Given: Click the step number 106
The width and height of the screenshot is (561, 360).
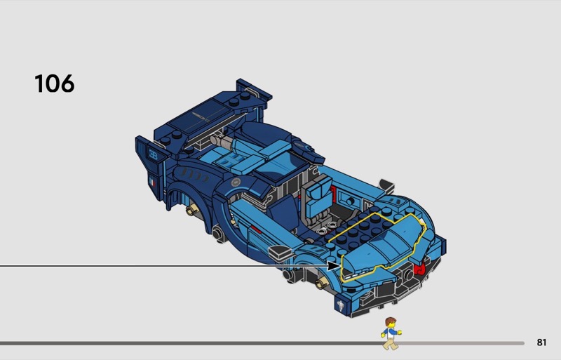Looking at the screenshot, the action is coord(55,84).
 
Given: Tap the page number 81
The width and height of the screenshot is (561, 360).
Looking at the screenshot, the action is coord(541,342).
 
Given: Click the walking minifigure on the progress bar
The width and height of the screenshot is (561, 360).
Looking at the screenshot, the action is coord(391,333).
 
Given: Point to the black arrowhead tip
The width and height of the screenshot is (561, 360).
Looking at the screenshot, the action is coord(341,266).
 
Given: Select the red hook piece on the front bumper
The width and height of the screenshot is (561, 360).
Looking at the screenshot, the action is coord(419,268).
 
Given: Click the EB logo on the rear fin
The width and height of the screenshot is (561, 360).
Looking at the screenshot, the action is coord(153,155).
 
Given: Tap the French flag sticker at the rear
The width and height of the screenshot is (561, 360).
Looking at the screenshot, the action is coord(152,182).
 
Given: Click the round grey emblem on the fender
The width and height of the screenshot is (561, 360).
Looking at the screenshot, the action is coord(236,182).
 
